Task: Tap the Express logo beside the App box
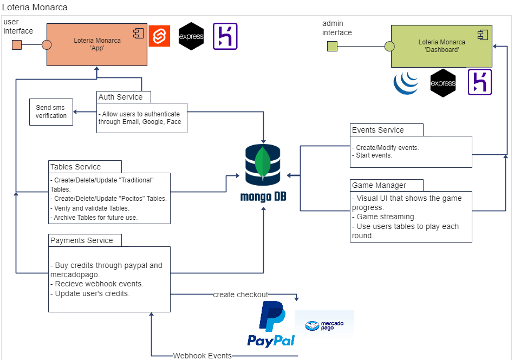(x=191, y=36)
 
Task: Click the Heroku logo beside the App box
(x=225, y=36)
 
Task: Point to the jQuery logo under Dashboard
(x=406, y=83)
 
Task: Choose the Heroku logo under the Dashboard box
(x=479, y=82)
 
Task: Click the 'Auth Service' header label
(x=121, y=97)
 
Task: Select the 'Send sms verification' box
(x=51, y=112)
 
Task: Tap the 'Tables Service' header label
(x=76, y=167)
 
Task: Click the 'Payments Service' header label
(x=82, y=240)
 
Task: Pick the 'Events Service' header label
(x=378, y=130)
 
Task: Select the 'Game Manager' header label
(x=379, y=185)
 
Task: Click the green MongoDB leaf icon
(x=263, y=163)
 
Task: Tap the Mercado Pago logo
(x=324, y=325)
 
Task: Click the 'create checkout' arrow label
(x=240, y=294)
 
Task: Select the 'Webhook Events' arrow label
(x=203, y=356)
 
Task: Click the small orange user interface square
(x=17, y=44)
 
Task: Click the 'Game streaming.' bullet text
(x=386, y=217)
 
